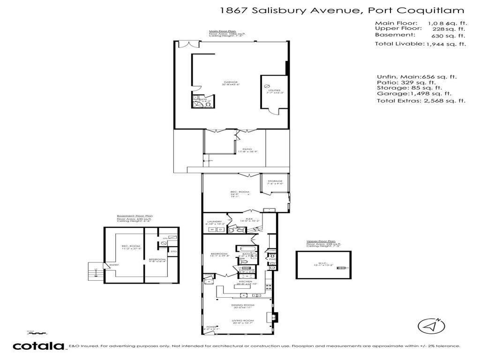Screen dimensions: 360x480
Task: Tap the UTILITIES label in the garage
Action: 274,90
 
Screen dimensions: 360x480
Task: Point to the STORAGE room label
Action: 275,181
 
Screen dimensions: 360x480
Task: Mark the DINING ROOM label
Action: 243,305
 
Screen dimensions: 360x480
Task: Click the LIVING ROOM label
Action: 243,321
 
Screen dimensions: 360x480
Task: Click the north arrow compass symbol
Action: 431,325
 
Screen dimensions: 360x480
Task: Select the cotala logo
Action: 38,346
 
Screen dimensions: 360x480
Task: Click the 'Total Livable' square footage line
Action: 420,44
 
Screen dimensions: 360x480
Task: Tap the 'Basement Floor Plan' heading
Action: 135,216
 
